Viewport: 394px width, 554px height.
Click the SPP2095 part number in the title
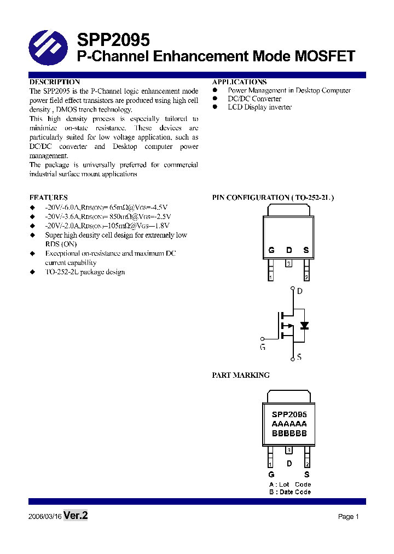click(x=113, y=40)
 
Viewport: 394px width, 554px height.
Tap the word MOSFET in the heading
click(x=325, y=56)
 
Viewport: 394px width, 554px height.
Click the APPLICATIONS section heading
click(x=239, y=82)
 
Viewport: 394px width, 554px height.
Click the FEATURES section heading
click(x=48, y=197)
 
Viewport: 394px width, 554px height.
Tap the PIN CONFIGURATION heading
click(x=273, y=197)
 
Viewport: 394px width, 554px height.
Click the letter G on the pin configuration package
click(x=271, y=251)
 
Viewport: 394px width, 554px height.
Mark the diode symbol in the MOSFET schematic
click(x=305, y=326)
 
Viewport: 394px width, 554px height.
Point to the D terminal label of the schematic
click(x=299, y=291)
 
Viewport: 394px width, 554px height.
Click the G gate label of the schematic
click(x=262, y=347)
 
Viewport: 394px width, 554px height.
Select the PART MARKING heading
click(x=241, y=375)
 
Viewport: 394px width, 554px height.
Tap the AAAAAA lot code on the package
click(x=289, y=424)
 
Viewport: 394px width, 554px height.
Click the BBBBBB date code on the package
click(x=289, y=433)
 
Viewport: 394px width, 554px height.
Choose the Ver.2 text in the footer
click(x=76, y=516)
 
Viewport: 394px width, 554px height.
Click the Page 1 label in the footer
click(x=348, y=517)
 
